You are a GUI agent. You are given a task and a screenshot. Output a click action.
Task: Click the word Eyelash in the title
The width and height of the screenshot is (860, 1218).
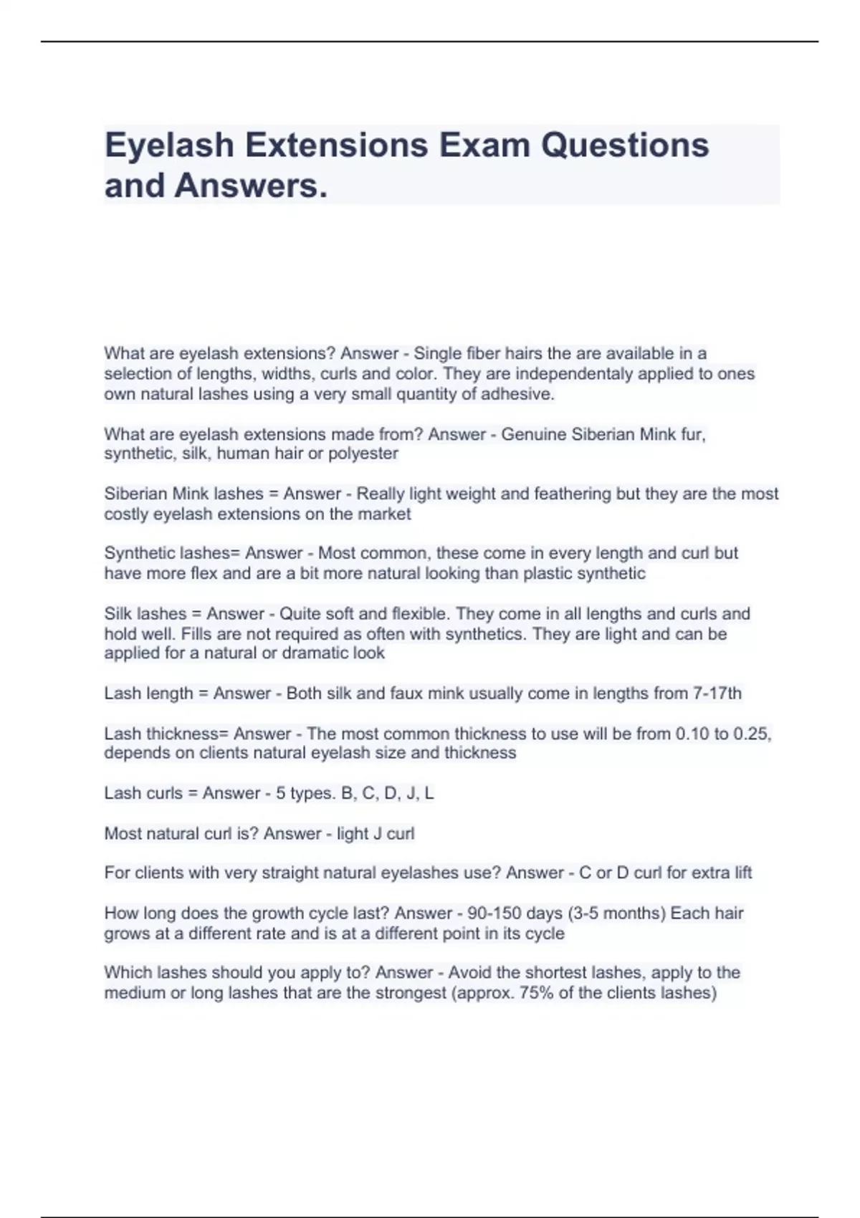pos(169,145)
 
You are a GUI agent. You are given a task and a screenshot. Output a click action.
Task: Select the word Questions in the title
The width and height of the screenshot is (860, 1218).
pos(625,145)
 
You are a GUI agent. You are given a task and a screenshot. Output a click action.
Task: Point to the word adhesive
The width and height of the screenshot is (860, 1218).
pos(521,394)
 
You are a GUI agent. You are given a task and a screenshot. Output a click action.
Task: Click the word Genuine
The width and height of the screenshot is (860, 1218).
pos(533,434)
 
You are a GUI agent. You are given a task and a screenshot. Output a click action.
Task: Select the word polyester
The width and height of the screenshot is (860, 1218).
pos(363,454)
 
